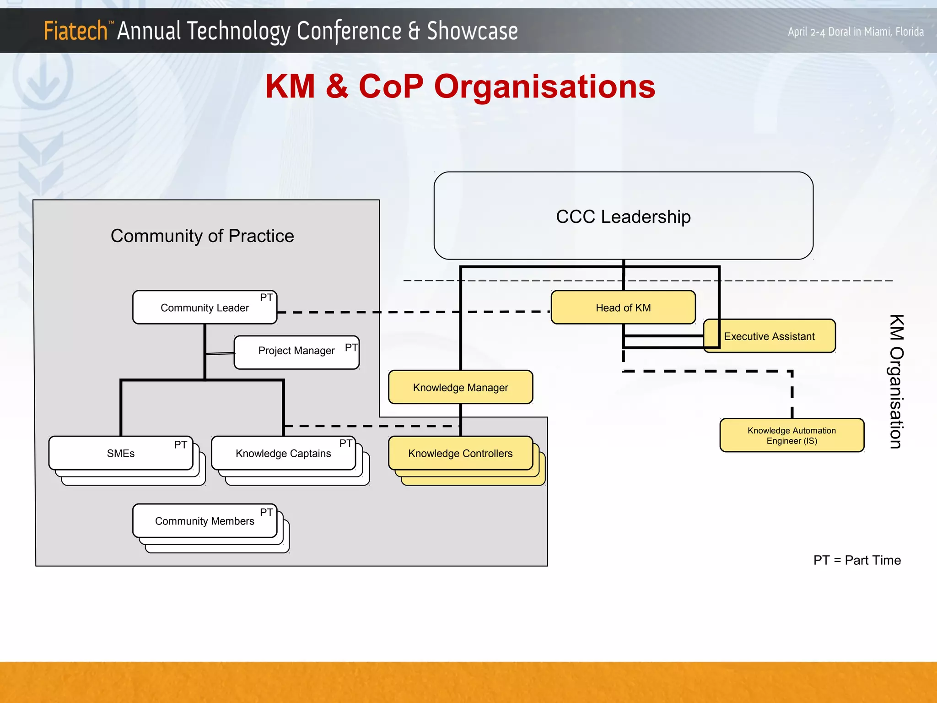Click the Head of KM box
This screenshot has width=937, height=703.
point(623,308)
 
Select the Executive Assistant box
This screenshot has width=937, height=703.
point(770,336)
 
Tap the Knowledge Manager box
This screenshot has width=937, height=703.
point(460,388)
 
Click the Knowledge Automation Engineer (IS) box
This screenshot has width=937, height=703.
point(792,436)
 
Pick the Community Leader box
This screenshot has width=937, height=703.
point(205,308)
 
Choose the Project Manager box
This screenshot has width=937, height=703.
point(296,351)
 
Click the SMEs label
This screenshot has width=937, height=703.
point(121,454)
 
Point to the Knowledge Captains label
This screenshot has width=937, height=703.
point(283,454)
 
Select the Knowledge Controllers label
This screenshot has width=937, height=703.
point(460,454)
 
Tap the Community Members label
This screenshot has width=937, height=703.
point(205,521)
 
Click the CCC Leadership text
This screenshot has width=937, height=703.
point(623,217)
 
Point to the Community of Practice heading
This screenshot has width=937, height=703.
point(202,236)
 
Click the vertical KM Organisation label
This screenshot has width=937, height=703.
point(896,382)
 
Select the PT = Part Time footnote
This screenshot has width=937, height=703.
point(857,560)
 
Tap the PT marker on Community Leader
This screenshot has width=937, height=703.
point(266,298)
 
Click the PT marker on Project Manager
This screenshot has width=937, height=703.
point(351,348)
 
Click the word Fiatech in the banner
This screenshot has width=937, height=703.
point(75,31)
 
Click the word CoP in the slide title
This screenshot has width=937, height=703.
point(391,87)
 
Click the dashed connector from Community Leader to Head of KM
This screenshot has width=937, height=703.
point(412,312)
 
